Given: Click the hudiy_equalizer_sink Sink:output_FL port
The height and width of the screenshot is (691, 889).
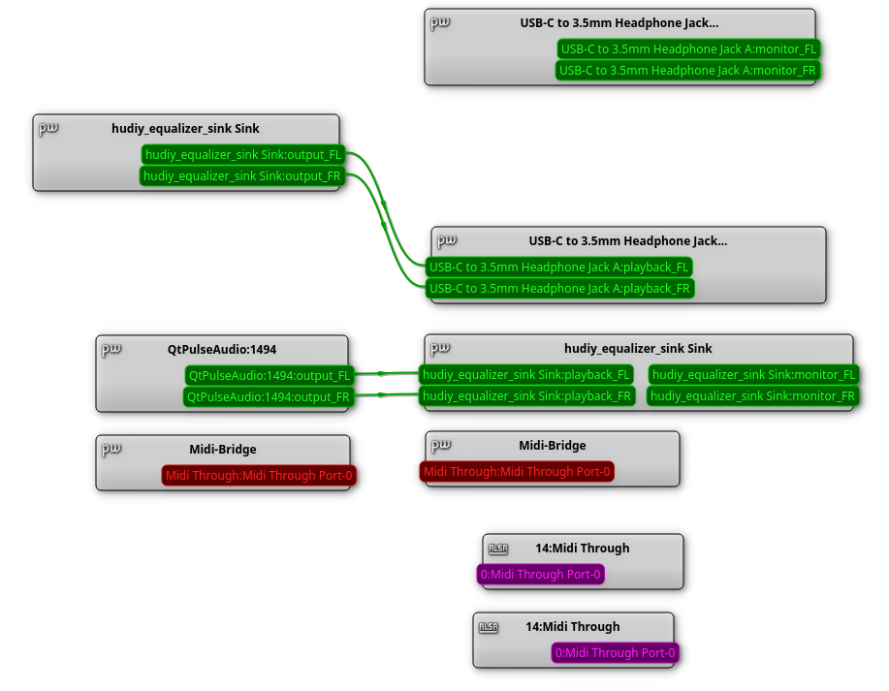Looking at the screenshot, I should click(x=243, y=154).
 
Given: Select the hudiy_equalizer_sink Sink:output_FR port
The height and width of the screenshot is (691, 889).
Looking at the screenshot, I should click(x=242, y=175).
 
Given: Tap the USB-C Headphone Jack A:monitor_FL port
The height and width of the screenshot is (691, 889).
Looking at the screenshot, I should click(x=689, y=48).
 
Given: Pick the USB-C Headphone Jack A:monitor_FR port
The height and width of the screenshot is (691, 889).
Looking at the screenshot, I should click(x=688, y=70).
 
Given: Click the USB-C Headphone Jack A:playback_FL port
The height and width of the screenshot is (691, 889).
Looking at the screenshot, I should click(x=559, y=267).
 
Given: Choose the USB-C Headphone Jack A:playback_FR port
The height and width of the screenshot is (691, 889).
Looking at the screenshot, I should click(x=559, y=288).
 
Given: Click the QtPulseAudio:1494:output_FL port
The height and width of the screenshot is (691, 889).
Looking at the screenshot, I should click(x=270, y=375).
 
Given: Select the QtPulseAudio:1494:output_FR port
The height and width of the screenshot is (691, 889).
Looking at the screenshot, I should click(x=269, y=396).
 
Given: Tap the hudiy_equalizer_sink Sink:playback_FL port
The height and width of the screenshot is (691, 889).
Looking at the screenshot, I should click(x=525, y=374).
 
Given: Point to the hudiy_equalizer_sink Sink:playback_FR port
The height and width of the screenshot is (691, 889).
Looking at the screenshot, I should click(x=525, y=395).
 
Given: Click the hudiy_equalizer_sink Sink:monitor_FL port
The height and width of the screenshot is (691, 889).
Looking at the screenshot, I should click(x=753, y=374).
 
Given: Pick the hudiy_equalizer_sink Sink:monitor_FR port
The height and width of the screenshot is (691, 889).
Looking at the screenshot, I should click(x=752, y=395).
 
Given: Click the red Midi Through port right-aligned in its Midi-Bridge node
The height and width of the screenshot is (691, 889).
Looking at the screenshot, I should click(x=259, y=475).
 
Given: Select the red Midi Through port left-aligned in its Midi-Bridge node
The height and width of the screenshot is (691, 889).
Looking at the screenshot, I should click(x=517, y=472).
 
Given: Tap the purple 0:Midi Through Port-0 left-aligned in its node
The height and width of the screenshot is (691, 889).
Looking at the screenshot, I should click(x=541, y=575).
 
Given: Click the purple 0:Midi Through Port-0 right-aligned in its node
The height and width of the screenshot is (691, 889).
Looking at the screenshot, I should click(x=616, y=653).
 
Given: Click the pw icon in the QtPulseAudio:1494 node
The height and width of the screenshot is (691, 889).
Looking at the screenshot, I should click(x=111, y=349).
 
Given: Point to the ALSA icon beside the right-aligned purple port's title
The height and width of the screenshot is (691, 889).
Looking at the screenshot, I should click(x=489, y=627).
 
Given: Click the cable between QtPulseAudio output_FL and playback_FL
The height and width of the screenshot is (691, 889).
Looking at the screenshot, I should click(x=386, y=373).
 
